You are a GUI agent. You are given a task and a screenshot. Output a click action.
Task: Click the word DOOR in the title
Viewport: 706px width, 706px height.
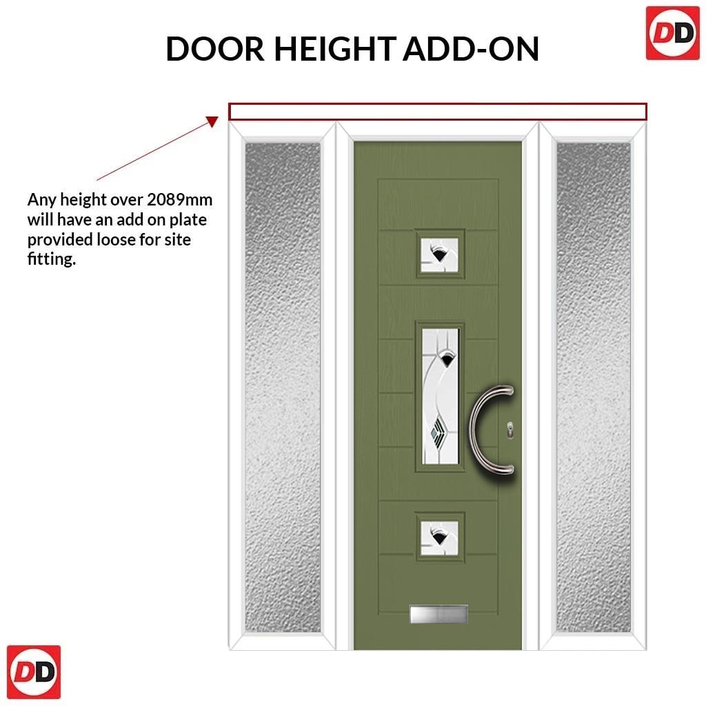pyautogui.click(x=215, y=49)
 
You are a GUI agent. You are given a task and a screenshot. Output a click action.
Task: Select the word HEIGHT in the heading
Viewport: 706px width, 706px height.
pyautogui.click(x=336, y=49)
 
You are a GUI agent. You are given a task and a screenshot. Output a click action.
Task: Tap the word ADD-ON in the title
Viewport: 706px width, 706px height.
pyautogui.click(x=471, y=49)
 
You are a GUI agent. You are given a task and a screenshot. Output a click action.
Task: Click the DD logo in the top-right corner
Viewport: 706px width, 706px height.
pyautogui.click(x=673, y=33)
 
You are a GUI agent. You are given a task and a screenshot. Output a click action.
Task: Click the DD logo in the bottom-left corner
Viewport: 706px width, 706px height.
pyautogui.click(x=34, y=672)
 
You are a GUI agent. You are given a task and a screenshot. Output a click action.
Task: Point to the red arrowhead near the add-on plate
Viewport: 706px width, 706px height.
pyautogui.click(x=212, y=121)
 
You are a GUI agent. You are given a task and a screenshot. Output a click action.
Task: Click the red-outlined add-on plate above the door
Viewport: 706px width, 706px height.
pyautogui.click(x=438, y=112)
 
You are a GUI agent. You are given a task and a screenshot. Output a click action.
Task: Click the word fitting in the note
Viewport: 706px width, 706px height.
pyautogui.click(x=51, y=259)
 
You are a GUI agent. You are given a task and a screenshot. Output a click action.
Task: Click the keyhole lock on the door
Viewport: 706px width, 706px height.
pyautogui.click(x=510, y=430)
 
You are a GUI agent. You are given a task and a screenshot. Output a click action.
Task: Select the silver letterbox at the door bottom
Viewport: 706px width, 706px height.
pyautogui.click(x=438, y=614)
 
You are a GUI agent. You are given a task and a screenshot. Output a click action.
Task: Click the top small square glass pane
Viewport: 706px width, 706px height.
pyautogui.click(x=439, y=255)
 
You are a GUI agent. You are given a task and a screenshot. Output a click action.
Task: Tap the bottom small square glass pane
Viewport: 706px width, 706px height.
pyautogui.click(x=439, y=538)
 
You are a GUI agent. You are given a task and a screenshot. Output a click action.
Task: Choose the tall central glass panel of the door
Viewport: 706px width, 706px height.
pyautogui.click(x=441, y=396)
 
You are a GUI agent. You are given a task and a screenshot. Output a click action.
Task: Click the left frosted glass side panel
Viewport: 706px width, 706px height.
pyautogui.click(x=283, y=387)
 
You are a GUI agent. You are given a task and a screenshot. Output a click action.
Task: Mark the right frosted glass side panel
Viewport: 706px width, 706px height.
pyautogui.click(x=594, y=387)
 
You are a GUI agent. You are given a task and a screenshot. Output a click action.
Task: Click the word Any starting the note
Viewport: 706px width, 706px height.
pyautogui.click(x=42, y=200)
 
